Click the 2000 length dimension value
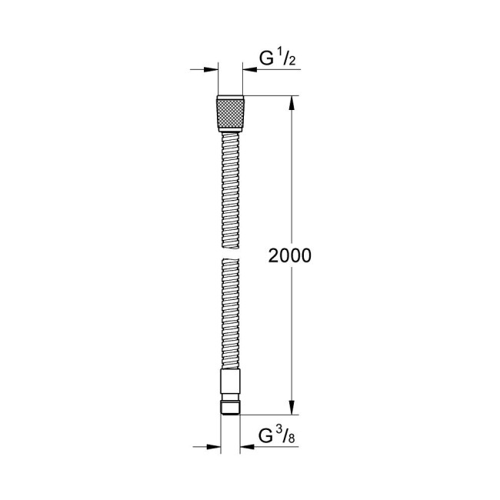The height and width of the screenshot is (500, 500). (x=290, y=256)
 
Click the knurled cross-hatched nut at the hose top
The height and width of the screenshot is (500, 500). (x=231, y=113)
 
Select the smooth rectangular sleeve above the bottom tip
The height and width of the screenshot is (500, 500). (x=231, y=382)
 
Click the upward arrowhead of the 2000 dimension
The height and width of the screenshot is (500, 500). (x=292, y=102)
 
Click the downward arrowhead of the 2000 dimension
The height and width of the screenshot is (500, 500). (x=292, y=407)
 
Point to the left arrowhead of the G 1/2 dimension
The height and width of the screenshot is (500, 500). (x=212, y=70)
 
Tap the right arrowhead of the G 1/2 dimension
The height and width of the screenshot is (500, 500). (x=250, y=70)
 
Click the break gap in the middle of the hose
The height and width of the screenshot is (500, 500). (x=231, y=251)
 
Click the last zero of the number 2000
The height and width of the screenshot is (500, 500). (x=305, y=256)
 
